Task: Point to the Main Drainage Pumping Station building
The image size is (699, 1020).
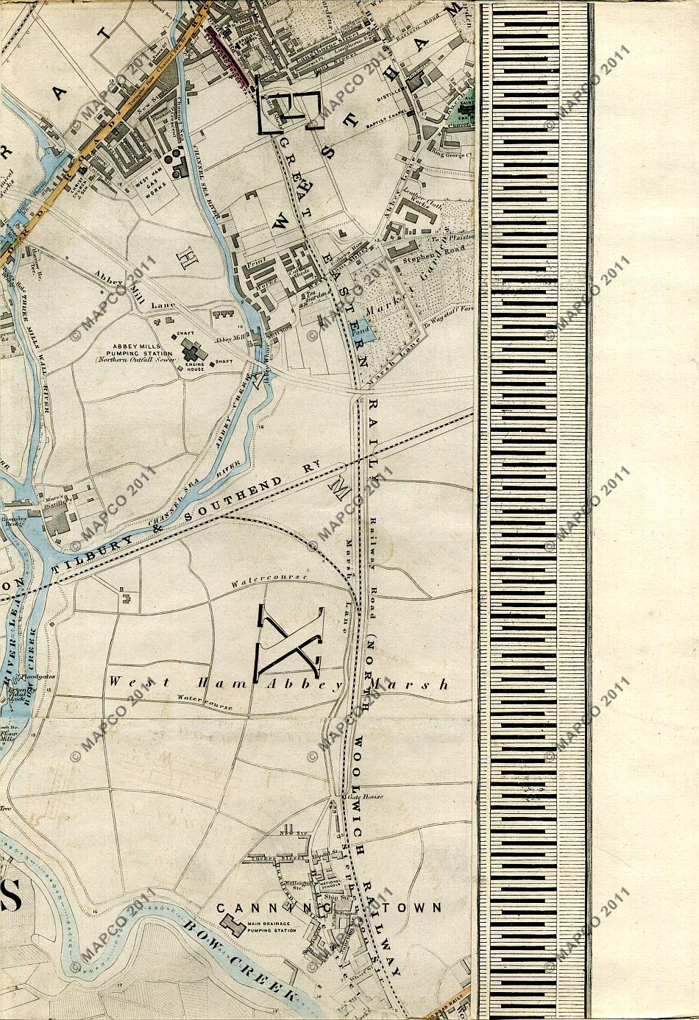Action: point(233,924)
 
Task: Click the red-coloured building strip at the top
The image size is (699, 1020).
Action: point(231,53)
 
